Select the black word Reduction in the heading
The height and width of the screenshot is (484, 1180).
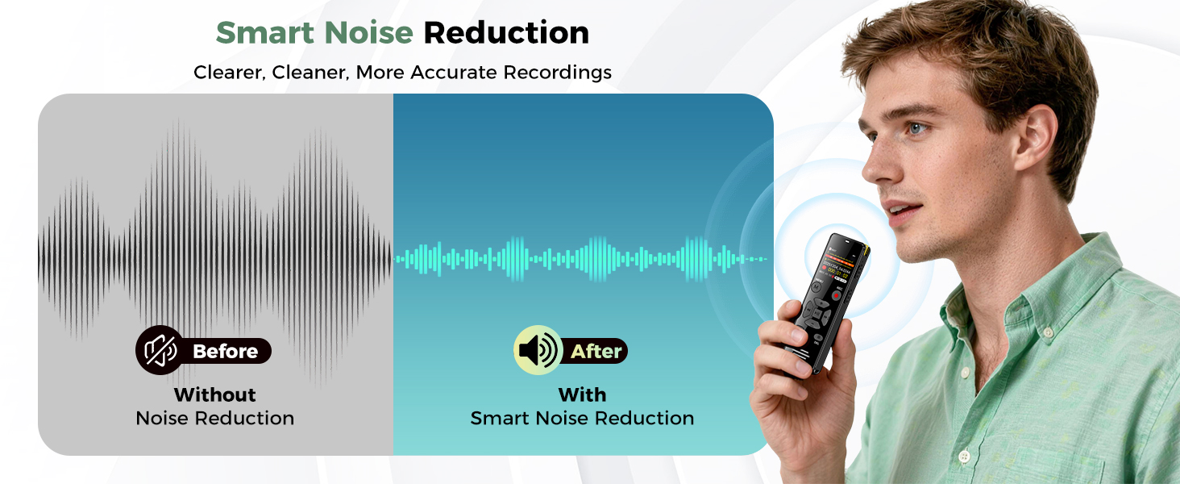click(x=506, y=33)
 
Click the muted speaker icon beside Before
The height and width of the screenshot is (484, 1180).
click(x=160, y=350)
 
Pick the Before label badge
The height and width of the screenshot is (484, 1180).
click(x=225, y=352)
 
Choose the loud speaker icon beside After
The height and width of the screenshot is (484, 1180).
click(x=538, y=350)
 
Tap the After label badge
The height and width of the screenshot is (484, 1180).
click(x=596, y=352)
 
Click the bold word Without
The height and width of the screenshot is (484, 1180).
click(x=214, y=394)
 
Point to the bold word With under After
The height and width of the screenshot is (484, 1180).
click(x=582, y=394)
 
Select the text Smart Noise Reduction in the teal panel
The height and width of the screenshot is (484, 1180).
click(x=582, y=418)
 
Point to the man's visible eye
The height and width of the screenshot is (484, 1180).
click(x=916, y=128)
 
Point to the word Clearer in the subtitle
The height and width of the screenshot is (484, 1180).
click(x=229, y=73)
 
